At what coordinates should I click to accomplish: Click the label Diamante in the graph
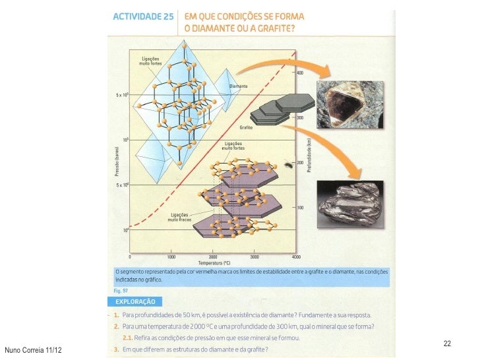tap(238, 86)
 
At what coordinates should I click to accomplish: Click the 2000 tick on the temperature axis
tap(212, 256)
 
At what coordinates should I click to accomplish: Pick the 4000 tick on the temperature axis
tap(295, 256)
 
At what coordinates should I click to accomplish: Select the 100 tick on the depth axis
tap(300, 208)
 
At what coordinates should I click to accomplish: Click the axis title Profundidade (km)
tap(309, 154)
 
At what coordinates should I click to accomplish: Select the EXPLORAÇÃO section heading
tap(136, 301)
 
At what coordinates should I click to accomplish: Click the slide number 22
tap(447, 344)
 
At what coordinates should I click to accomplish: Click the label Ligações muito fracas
tap(181, 218)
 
